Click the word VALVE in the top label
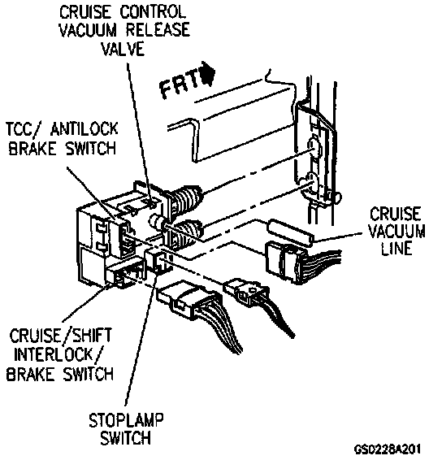[123, 49]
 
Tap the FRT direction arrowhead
[209, 73]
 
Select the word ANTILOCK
[84, 129]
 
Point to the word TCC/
[24, 129]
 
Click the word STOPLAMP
[126, 420]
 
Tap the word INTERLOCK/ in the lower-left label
[58, 355]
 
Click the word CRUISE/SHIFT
[61, 336]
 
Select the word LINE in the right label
[396, 248]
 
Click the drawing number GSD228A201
[388, 449]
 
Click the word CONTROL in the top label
[153, 12]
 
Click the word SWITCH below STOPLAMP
[126, 438]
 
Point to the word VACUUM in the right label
[396, 231]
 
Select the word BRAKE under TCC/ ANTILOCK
[32, 148]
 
